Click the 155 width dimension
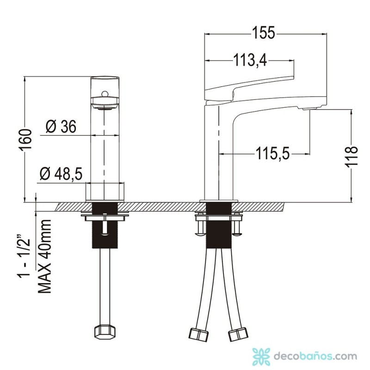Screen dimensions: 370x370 click(264, 33)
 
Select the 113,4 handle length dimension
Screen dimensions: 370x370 click(250, 60)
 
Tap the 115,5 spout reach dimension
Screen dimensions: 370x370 click(272, 154)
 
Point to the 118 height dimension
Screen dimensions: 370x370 click(352, 157)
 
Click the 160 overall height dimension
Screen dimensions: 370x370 click(25, 140)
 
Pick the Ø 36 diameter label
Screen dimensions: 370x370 click(61, 127)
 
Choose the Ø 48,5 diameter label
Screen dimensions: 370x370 click(61, 174)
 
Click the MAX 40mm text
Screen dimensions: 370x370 click(44, 257)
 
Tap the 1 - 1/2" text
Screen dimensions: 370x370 click(24, 257)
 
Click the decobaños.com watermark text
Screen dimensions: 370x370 click(315, 356)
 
